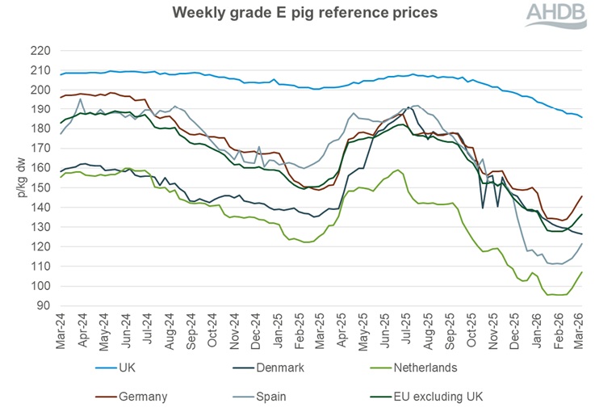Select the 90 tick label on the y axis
[x=42, y=305]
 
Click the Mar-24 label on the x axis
[x=61, y=329]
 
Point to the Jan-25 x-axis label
[x=278, y=329]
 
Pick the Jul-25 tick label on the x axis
[x=408, y=329]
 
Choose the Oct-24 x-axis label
[x=212, y=329]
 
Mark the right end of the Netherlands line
[x=582, y=272]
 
